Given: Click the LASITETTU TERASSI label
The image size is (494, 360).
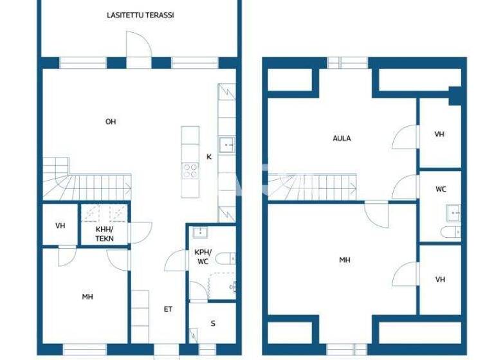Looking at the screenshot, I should click(140, 15).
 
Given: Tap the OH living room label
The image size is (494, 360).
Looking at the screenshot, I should click(111, 122).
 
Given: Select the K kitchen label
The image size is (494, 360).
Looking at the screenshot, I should click(208, 156).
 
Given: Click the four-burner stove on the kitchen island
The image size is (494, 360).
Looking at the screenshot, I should click(190, 170).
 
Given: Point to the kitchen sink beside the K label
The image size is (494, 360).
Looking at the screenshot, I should click(226, 145).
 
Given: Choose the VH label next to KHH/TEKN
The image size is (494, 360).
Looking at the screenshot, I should click(60, 226).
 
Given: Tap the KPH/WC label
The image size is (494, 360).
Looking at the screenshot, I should click(202, 257).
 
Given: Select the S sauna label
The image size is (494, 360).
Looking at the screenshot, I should click(213, 323).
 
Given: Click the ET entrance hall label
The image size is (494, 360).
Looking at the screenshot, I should click(168, 309).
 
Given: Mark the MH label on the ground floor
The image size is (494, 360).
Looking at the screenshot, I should click(87, 296).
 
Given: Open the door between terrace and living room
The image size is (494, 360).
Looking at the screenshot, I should click(138, 49).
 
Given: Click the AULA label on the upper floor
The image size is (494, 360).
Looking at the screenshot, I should click(342, 138).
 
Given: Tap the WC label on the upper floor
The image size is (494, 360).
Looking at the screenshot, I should click(441, 189).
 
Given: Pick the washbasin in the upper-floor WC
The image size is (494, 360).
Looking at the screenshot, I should click(453, 212).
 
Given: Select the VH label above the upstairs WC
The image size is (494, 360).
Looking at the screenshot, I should click(440, 134).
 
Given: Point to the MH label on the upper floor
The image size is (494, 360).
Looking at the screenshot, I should click(345, 260).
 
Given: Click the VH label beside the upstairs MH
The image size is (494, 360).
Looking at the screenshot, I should click(440, 280).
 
